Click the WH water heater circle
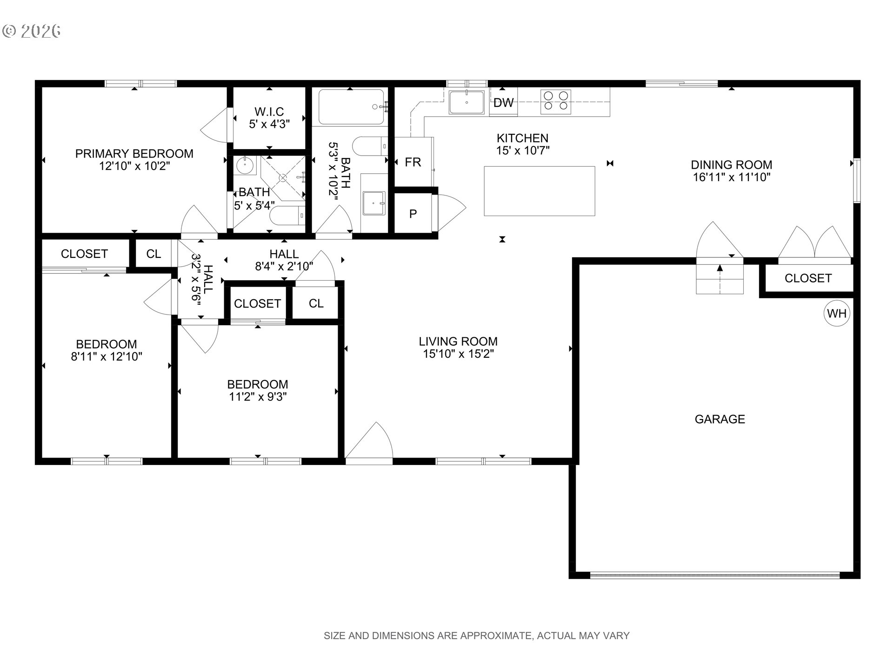[837, 314]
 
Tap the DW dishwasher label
[503, 103]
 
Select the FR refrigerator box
[413, 162]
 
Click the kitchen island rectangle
[540, 191]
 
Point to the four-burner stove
[556, 101]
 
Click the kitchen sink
[466, 102]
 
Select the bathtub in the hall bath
[352, 107]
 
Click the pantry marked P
[413, 214]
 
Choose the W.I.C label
[269, 111]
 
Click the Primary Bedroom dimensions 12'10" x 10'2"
[134, 166]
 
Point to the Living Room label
[458, 341]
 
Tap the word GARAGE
[720, 419]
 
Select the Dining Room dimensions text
[732, 177]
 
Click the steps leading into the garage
[720, 279]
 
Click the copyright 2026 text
[32, 31]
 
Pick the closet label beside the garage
[808, 278]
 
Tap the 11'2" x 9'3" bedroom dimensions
[257, 397]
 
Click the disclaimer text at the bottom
[477, 636]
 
